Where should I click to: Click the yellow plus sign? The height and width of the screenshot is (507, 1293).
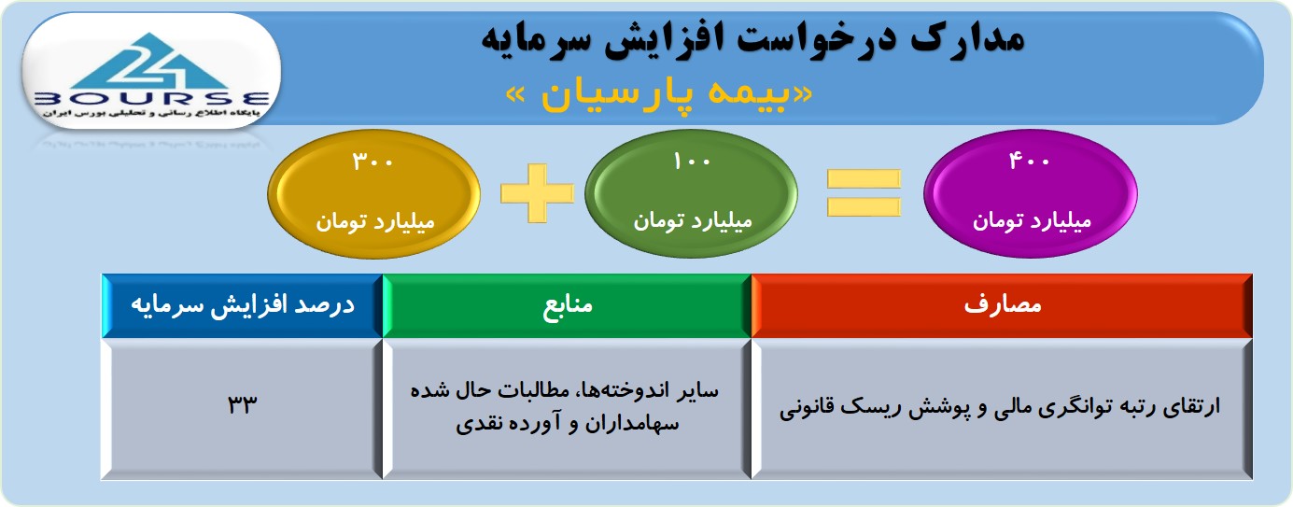[537, 193]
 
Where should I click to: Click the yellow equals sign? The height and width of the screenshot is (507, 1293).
[864, 193]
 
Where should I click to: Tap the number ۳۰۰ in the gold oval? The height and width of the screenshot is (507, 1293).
[372, 162]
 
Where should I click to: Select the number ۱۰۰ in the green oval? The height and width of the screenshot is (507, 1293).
[692, 162]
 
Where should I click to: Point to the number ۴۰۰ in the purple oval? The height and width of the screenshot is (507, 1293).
[1030, 161]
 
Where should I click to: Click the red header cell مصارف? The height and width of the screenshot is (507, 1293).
[1002, 305]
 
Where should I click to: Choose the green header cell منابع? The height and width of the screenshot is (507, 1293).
[567, 305]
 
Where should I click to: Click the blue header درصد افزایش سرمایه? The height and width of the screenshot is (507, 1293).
[243, 305]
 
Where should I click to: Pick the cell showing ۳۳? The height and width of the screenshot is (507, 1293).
[243, 408]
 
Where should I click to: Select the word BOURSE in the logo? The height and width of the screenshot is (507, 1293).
[152, 99]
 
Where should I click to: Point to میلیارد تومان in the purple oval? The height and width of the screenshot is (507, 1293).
[1032, 221]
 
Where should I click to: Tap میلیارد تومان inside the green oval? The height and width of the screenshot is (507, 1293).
[693, 221]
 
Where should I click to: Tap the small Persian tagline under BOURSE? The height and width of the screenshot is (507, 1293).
[151, 113]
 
